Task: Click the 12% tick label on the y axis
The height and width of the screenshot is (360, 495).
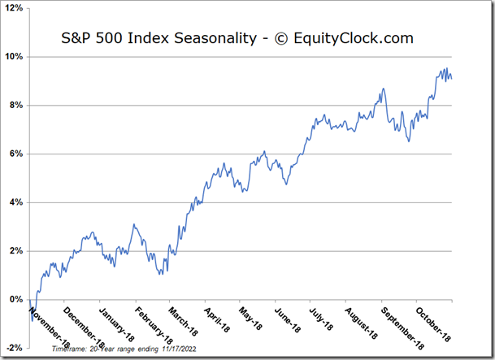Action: [15, 9]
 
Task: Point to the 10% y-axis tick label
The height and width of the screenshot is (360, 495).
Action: [15, 57]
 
